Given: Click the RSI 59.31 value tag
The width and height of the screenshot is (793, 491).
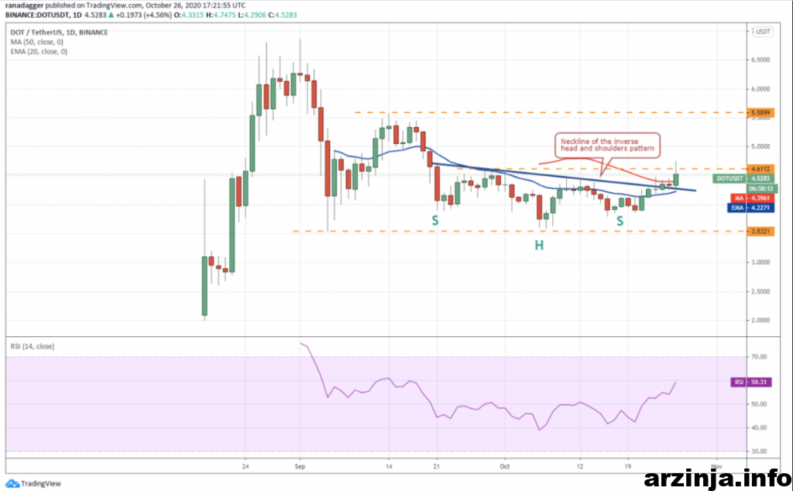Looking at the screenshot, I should point(748,382).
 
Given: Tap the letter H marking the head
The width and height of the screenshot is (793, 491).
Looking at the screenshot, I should point(537,245).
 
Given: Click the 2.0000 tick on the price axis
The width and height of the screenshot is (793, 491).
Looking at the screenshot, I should point(762,320).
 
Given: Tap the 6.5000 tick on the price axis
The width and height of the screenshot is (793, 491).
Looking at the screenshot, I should point(762,59).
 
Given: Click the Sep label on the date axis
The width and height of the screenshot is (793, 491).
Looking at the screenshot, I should point(301,467).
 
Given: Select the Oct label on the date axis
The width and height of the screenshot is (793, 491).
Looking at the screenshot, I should point(505,467).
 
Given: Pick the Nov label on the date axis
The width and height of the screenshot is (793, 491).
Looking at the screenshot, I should point(716,467).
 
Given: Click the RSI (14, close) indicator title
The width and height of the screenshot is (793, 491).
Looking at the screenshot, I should point(33,346).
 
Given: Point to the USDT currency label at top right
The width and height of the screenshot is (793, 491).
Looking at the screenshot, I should point(763,32).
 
